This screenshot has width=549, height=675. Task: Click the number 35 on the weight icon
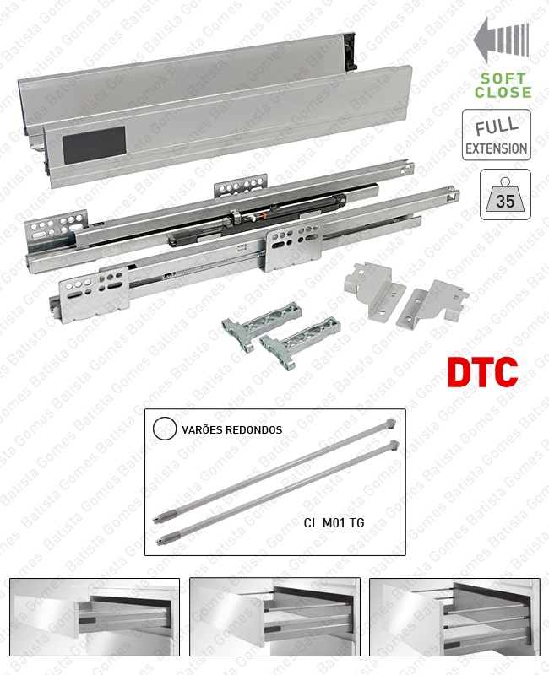coord(505,202)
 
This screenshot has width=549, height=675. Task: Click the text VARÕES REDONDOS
coord(231,429)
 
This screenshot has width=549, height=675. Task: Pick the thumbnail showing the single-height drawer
coord(95,618)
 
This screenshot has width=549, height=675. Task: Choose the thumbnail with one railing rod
coord(274,618)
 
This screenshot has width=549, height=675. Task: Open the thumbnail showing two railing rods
coord(454,618)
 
